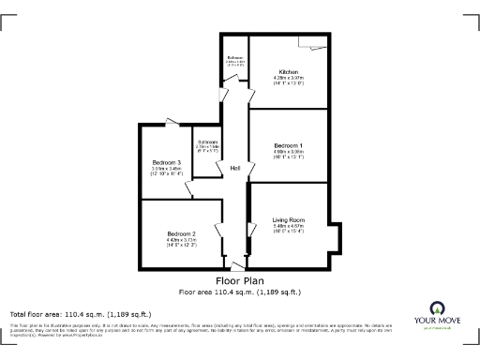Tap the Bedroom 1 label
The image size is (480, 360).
point(288,145)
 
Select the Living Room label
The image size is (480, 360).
point(288,220)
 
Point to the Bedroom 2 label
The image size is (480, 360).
point(181,233)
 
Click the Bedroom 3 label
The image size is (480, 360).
point(166,163)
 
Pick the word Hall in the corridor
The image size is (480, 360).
point(236,168)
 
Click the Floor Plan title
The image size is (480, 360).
point(240,280)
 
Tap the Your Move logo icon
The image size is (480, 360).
point(437,308)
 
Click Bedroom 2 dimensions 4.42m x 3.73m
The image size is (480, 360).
point(181,242)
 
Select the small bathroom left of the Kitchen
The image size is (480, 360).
point(236,62)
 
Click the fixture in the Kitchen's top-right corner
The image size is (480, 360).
point(315,43)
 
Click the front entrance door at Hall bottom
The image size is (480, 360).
point(236,266)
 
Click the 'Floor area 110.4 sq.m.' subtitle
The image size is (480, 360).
point(240,292)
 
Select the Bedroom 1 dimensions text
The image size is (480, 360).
point(288,155)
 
